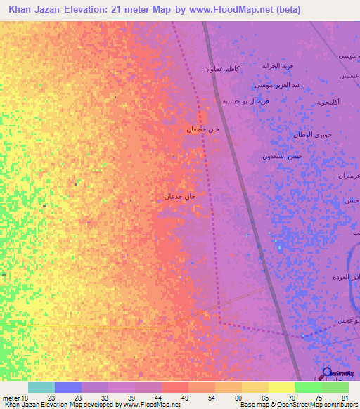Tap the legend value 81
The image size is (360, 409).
pos(344,398)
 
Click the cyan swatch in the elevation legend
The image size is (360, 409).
pos(41,387)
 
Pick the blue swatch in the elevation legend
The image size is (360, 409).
pos(68,387)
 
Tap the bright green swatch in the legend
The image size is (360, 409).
pos(309,387)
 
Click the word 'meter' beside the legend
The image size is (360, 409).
pos(10,398)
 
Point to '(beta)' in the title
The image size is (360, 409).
pos(287,10)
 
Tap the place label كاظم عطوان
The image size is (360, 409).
pos(222,69)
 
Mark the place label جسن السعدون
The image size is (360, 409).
pos(282,155)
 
